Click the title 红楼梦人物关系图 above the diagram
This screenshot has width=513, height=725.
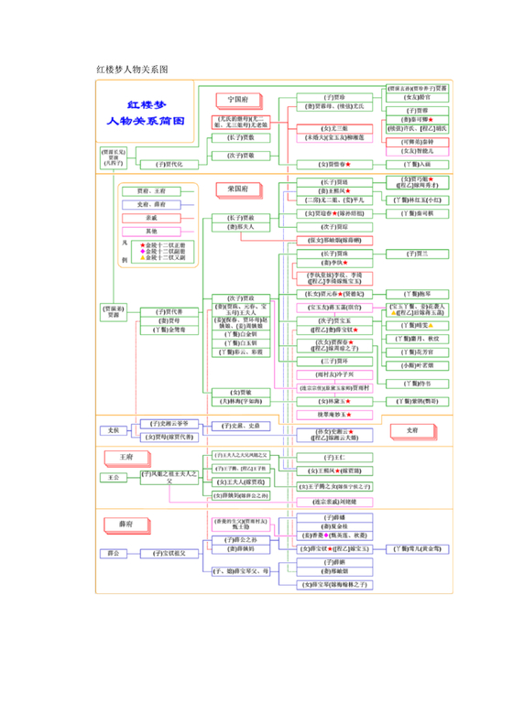pyautogui.click(x=131, y=69)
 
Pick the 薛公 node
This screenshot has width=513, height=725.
pyautogui.click(x=114, y=553)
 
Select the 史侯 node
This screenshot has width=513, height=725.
pyautogui.click(x=114, y=429)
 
